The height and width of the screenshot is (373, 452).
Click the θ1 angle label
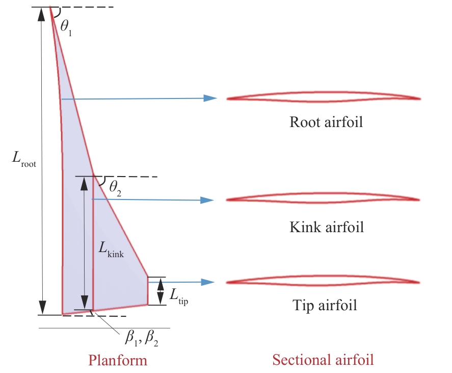67,27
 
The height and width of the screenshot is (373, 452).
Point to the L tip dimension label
178,295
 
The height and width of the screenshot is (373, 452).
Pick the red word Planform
118,360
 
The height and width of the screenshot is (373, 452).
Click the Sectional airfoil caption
323,360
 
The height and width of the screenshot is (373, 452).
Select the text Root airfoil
326,122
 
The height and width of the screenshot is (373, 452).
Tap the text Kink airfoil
327,227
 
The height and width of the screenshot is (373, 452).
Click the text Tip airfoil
325,306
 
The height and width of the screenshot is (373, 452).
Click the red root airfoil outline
323,97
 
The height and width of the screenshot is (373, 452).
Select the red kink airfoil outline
323,198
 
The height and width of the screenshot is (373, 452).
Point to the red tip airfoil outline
323,281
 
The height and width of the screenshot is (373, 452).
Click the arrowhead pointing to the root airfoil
210,98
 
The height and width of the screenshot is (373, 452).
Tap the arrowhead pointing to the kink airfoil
206,200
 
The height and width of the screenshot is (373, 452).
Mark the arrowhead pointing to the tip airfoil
206,282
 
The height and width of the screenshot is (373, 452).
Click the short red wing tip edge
148,291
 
